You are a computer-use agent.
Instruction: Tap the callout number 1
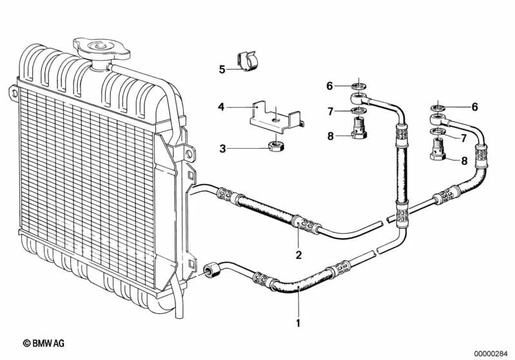pos(298,321)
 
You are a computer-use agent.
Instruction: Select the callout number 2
pos(298,254)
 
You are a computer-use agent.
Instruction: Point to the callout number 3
pos(222,149)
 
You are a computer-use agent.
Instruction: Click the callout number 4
pos(221,106)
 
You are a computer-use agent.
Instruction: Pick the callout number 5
pos(221,69)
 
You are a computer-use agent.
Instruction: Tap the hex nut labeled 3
pos(273,147)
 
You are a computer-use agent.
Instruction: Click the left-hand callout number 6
pos(329,86)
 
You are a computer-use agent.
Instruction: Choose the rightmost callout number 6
pos(475,106)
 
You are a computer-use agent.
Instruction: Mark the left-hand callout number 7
pos(329,111)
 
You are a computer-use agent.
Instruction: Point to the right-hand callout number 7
pos(463,138)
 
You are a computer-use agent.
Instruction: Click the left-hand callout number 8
pos(329,136)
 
